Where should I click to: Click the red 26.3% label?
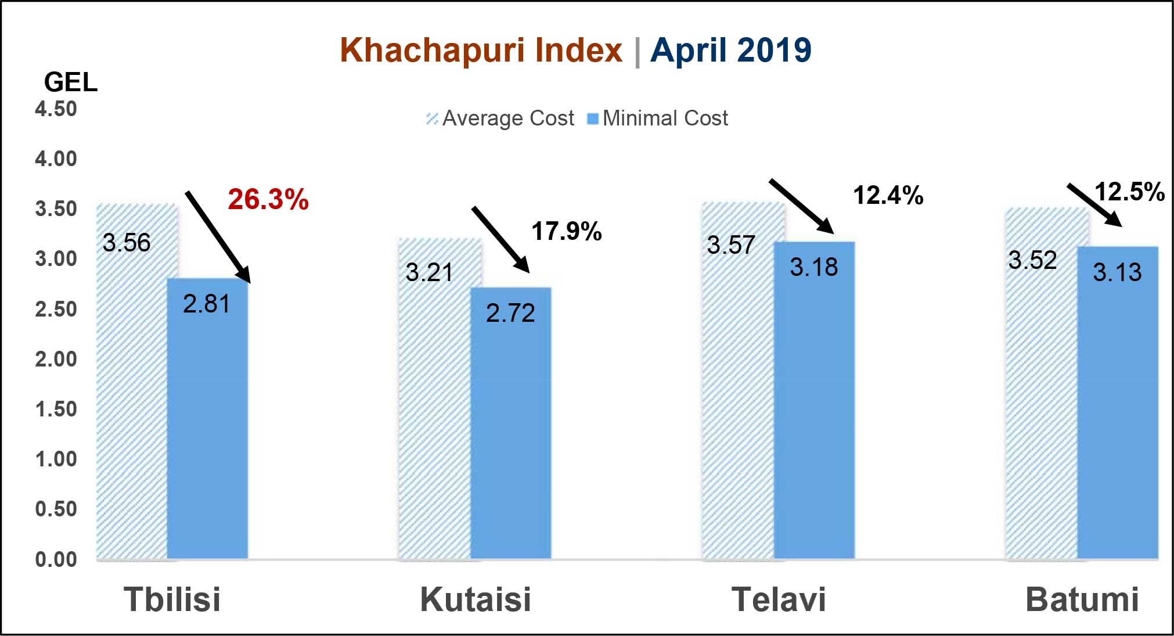pos(268,199)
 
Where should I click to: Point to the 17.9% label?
pos(567,231)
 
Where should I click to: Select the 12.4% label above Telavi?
pos(888,195)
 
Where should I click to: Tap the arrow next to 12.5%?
pos(1094,204)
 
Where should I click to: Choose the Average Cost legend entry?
pos(500,118)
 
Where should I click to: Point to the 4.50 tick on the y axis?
pos(56,109)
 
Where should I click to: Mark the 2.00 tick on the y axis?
pos(56,359)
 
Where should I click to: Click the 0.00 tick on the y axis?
pos(56,559)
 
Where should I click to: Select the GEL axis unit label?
pos(70,82)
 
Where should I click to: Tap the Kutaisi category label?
pos(476,599)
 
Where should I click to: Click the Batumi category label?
pos(1082,599)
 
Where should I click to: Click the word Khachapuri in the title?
pos(481,50)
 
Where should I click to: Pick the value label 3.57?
pos(730,245)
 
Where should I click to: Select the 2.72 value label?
pos(510,314)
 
